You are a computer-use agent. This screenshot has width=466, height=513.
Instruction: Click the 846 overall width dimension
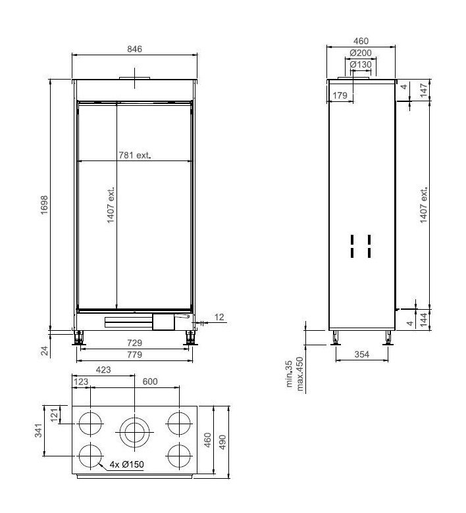(134, 49)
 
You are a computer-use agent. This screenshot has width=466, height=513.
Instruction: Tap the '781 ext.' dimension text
(134, 156)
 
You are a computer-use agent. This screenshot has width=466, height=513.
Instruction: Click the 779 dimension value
(134, 355)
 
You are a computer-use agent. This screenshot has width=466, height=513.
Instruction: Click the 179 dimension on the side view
(340, 96)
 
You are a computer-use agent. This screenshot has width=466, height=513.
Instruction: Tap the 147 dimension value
(425, 87)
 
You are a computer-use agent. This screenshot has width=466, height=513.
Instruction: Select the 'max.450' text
(301, 374)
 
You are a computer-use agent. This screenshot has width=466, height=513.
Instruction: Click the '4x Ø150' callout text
(128, 465)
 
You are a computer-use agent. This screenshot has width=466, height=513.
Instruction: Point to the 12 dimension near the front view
(219, 317)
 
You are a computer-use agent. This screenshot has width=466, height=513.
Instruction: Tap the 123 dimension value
(81, 381)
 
